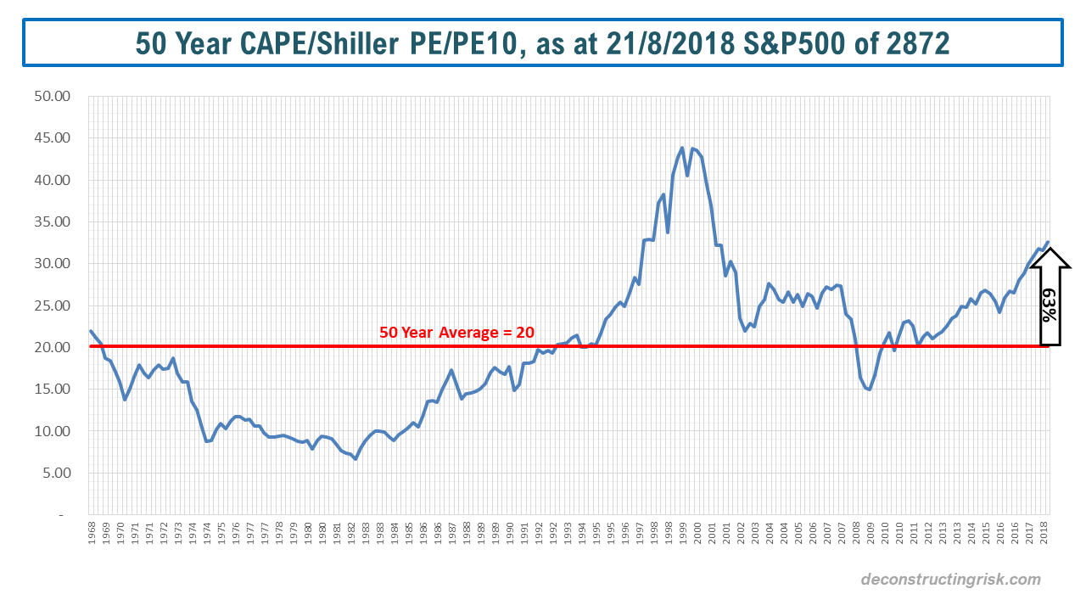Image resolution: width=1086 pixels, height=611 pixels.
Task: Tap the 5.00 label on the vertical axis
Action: (57, 474)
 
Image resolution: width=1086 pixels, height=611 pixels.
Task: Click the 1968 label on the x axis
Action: (92, 539)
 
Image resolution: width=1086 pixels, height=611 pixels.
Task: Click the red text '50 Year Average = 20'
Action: (456, 333)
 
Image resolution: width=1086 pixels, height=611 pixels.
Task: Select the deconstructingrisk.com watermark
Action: (950, 580)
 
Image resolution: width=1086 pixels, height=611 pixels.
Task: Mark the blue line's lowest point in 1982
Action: (355, 459)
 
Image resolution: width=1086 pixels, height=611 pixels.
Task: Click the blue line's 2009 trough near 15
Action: (869, 390)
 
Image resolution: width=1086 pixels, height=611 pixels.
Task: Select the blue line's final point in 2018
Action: (1048, 242)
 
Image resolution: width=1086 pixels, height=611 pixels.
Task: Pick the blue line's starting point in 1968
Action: (90, 331)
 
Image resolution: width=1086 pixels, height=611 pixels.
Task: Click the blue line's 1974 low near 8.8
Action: (206, 441)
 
